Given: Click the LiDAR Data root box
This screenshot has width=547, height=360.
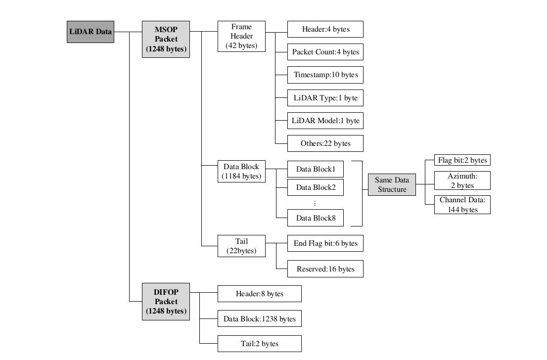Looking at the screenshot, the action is (91, 32).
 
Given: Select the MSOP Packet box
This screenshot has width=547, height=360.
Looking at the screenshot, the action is (166, 39).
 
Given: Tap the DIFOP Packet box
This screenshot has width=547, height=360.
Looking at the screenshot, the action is (166, 301).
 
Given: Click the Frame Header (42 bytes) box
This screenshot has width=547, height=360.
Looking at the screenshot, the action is (241, 36).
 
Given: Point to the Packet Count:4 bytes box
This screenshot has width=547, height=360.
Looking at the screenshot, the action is (325, 52).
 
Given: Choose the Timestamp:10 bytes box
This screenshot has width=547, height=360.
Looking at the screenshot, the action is (325, 75).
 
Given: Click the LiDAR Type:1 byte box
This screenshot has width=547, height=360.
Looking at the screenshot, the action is (325, 98).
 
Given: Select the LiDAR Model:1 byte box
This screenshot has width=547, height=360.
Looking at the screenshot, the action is (325, 121).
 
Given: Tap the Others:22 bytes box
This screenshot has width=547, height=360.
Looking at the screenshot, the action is (325, 143).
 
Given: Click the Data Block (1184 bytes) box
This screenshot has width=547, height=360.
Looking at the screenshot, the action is (241, 171).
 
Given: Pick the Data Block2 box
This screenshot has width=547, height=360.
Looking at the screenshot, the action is (316, 187).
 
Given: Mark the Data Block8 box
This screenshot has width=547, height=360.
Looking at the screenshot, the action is (316, 218).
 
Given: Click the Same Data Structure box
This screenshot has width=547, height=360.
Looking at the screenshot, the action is (392, 184).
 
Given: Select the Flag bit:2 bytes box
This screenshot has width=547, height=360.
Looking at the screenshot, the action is (462, 160).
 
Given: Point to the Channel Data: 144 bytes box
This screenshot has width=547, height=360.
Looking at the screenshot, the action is (462, 205).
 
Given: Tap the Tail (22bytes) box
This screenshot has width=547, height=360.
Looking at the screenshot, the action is (241, 246).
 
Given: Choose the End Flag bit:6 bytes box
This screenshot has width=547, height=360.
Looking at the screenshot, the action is (325, 243).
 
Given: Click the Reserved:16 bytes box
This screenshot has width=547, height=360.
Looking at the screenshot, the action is (325, 269).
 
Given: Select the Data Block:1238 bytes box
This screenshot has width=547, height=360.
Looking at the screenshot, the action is (260, 319).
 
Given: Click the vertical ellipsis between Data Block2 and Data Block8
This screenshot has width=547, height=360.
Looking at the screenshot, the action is (315, 203).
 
